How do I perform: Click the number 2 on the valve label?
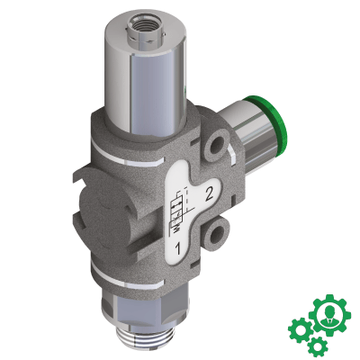tap(209, 192)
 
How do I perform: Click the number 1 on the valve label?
tap(180, 245)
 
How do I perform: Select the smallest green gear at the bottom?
tap(316, 346)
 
